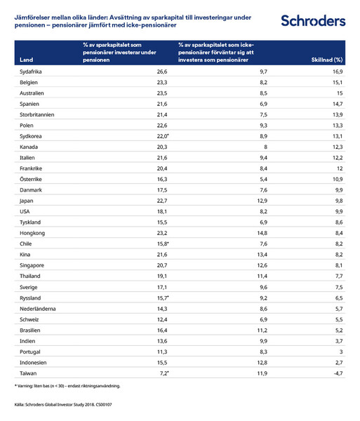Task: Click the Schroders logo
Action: point(312,21)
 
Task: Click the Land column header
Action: point(27,60)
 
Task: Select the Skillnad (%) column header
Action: point(326,60)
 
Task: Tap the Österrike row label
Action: point(32,179)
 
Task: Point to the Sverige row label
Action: point(29,287)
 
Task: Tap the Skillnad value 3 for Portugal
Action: point(340,352)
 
